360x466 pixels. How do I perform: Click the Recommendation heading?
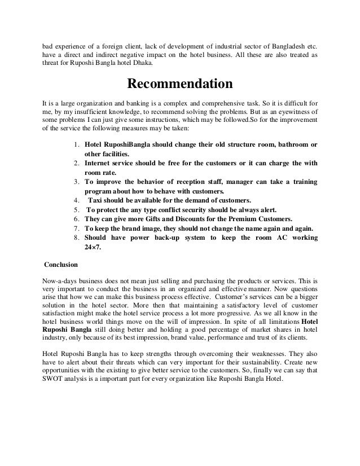[x=179, y=84]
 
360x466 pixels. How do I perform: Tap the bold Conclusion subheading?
[x=62, y=263]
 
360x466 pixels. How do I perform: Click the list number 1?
[x=77, y=145]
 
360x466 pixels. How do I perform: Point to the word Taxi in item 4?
[x=96, y=200]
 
